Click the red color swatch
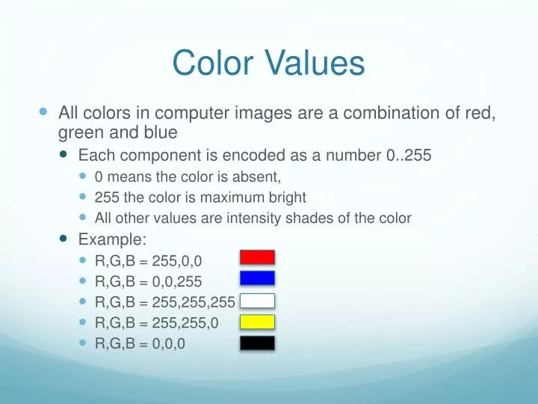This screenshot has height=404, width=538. (257, 257)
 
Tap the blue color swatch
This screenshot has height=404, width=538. (257, 278)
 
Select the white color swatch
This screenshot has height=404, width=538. (257, 301)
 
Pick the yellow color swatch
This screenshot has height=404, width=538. (257, 322)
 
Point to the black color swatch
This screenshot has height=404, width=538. (257, 344)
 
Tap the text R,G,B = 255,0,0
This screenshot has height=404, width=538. (148, 260)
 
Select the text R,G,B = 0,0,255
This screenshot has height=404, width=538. (148, 281)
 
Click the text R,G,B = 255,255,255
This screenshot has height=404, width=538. (164, 302)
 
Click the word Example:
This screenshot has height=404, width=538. (113, 239)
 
